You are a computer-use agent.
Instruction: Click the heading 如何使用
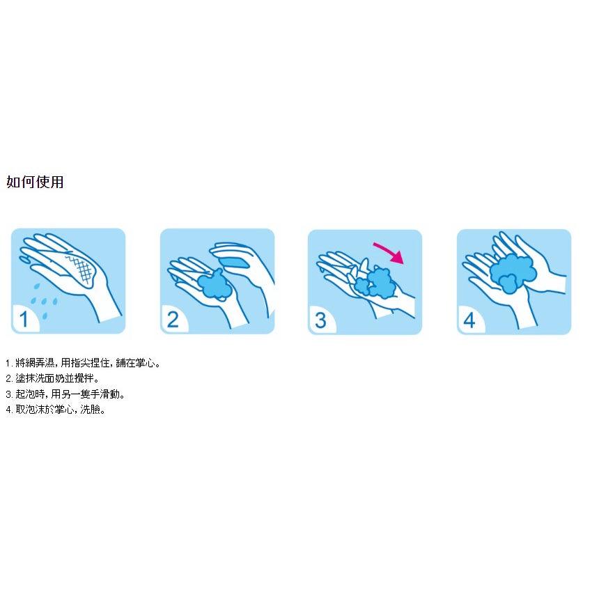[x=35, y=182]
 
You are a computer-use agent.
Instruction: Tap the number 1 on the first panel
[x=24, y=320]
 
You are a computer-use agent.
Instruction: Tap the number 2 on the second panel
[x=173, y=320]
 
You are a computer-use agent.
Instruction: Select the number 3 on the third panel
[x=320, y=320]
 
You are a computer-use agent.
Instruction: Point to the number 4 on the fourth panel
[x=469, y=320]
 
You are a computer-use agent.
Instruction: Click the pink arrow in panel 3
[x=391, y=252]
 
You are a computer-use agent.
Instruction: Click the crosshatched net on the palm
[x=82, y=268]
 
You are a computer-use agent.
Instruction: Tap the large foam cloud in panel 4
[x=513, y=273]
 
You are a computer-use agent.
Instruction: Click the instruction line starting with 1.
[x=82, y=363]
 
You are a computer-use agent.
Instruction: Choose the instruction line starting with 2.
[x=52, y=379]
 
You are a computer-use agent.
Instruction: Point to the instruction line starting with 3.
[x=65, y=394]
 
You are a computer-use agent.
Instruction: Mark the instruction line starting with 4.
[x=56, y=410]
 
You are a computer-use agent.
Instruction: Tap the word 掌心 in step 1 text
[x=145, y=363]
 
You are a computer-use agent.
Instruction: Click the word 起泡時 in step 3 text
[x=30, y=394]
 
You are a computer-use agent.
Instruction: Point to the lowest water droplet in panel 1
[x=45, y=316]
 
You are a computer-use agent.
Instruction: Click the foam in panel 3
[x=373, y=283]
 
